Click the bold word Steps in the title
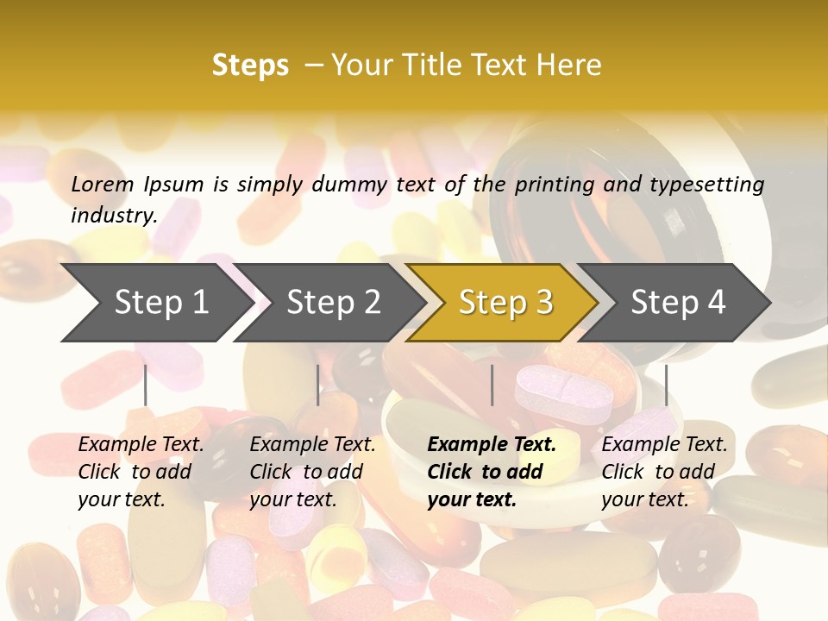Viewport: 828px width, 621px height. coord(250,66)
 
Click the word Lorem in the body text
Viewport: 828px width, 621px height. coord(103,184)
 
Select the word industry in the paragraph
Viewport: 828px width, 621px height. coord(113,215)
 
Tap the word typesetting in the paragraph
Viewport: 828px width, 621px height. coord(706,184)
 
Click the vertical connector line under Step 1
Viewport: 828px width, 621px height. coord(146,385)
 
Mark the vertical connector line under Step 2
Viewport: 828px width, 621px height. coord(318,385)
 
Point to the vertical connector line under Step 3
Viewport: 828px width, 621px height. coord(492,385)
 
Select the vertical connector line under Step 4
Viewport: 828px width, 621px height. coord(666,385)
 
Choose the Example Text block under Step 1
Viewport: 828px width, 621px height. coord(141,472)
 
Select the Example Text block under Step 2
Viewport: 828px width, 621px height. coord(312,472)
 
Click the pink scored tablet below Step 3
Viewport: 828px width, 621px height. coord(564,395)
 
